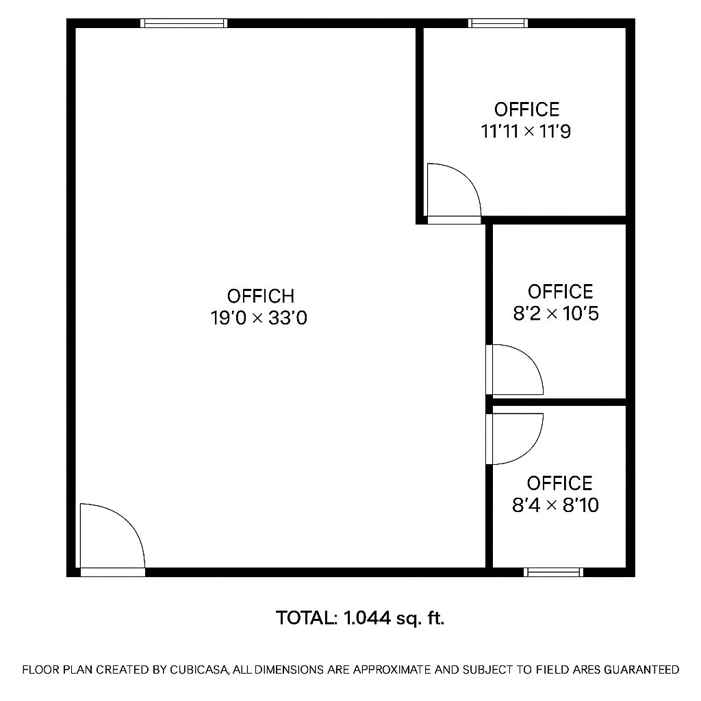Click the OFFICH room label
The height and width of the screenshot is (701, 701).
click(261, 296)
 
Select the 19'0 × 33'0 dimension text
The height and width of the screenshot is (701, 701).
click(259, 318)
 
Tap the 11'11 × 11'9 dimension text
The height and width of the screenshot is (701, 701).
click(526, 131)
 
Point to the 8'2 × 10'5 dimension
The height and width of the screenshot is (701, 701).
click(556, 314)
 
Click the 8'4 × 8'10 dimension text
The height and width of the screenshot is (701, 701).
click(556, 505)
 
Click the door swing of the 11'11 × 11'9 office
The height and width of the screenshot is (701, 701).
click(453, 192)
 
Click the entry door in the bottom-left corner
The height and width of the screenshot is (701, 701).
click(112, 538)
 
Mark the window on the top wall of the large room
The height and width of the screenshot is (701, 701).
click(184, 23)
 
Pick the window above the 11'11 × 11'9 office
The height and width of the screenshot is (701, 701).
click(498, 23)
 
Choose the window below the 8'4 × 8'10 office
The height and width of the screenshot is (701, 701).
click(554, 572)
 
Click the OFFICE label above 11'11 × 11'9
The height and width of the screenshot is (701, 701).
click(526, 110)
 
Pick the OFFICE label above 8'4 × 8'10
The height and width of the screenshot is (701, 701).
click(559, 483)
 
